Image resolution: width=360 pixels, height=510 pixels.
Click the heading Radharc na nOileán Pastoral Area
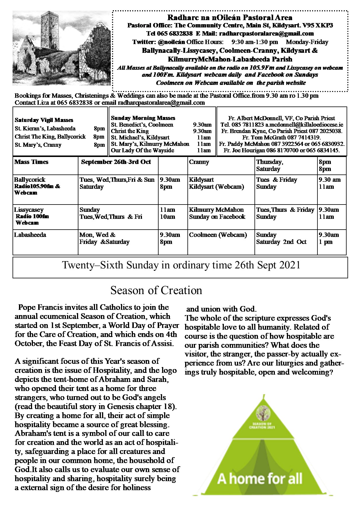tap(230, 18)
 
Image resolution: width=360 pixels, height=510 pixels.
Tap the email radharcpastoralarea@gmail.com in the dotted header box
tap(266, 34)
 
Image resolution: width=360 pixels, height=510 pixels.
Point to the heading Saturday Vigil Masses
tap(44, 120)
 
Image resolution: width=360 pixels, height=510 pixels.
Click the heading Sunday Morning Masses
tap(143, 118)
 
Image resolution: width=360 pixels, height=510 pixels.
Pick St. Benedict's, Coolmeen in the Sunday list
tap(142, 125)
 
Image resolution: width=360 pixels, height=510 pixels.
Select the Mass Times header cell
tap(31, 162)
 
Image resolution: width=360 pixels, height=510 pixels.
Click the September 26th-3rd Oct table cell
tap(116, 162)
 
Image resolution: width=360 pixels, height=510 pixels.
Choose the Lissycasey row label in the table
tap(29, 210)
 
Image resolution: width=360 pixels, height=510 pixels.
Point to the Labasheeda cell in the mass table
tap(30, 235)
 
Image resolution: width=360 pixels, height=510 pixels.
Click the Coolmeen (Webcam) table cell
tap(218, 235)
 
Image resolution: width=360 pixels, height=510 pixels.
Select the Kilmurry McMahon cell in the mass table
tap(216, 210)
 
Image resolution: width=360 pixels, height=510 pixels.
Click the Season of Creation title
tap(156, 290)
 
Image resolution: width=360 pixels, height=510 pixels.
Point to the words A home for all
tap(260, 479)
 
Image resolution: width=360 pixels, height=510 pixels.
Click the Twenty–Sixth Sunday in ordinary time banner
tap(181, 265)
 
